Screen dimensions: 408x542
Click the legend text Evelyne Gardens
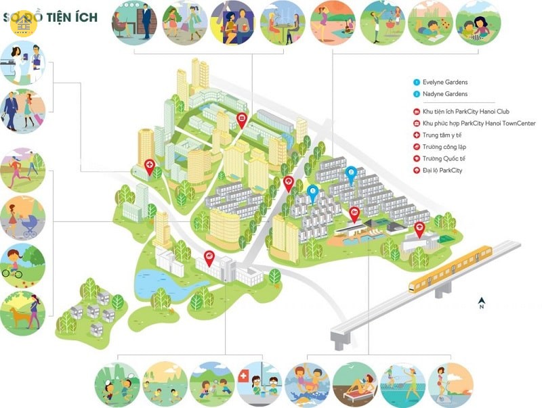point(445,83)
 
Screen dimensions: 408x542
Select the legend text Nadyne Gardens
point(445,94)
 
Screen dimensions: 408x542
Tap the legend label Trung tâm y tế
point(442,135)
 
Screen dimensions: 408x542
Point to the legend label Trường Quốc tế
point(444,158)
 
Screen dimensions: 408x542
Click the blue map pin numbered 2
point(351,174)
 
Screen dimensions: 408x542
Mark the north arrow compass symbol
point(481,302)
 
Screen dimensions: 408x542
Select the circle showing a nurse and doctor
point(23,62)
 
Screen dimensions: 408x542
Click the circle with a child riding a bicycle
point(22,264)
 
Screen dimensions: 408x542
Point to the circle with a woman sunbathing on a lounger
point(354,384)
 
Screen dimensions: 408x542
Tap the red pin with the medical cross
point(149,165)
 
